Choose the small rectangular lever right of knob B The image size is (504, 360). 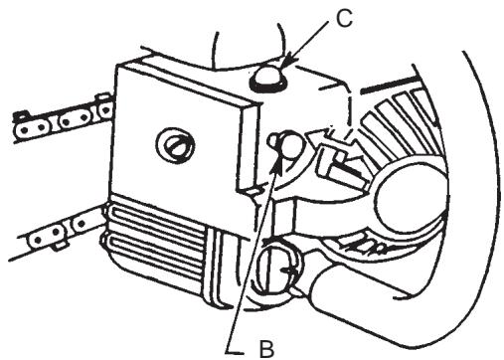point(334,154)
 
